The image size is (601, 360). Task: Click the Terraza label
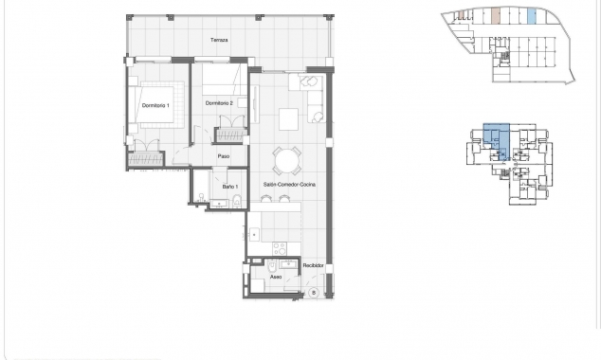click(220, 40)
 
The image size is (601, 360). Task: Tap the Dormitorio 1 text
click(155, 104)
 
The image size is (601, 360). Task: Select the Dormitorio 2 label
click(218, 102)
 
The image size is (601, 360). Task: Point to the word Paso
click(224, 156)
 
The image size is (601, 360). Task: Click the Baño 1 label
click(228, 187)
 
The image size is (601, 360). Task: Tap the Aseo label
click(275, 278)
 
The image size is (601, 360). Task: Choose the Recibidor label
click(314, 266)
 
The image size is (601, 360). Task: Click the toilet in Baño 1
click(238, 199)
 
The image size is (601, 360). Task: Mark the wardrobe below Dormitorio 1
click(146, 159)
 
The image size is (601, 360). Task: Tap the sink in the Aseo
click(282, 264)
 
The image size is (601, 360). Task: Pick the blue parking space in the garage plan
click(531, 16)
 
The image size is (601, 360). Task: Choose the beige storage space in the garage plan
click(496, 16)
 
